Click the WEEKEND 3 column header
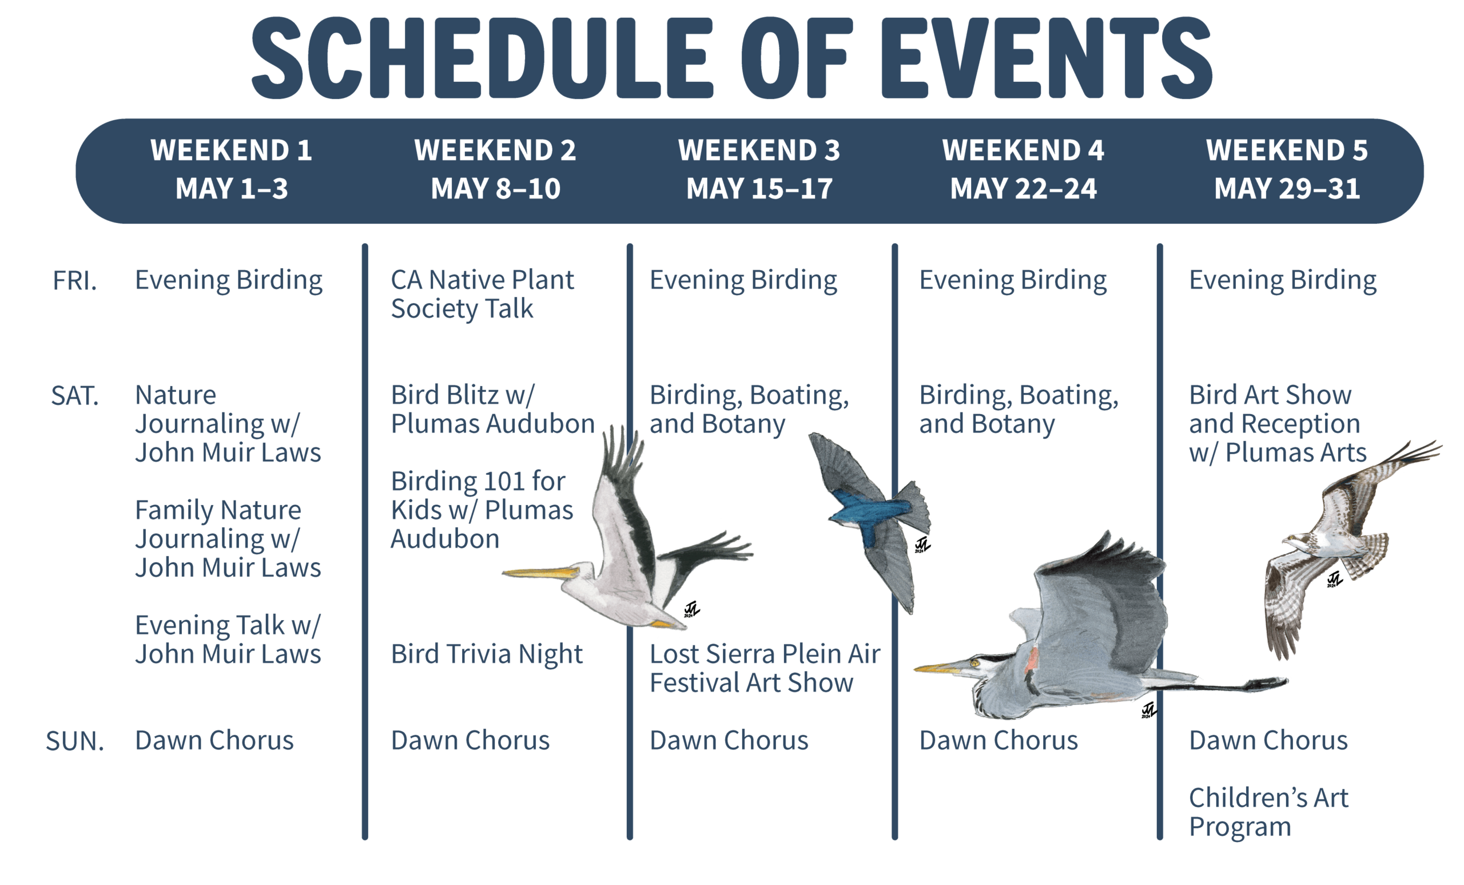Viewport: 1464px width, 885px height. coord(759,150)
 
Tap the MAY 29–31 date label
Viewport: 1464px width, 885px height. coord(1287,189)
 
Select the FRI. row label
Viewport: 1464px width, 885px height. coord(75,280)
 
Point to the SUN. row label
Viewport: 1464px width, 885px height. coord(75,741)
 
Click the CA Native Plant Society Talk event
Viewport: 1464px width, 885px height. coord(483,294)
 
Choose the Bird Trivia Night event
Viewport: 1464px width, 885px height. coord(487,654)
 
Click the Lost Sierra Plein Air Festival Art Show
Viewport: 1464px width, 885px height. coord(765,669)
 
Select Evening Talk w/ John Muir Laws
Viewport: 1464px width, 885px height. coord(228,640)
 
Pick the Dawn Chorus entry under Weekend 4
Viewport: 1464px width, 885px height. coord(998,741)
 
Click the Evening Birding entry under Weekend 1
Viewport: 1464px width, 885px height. coord(229,280)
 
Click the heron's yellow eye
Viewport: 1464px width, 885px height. coord(974,662)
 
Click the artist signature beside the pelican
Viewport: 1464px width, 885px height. coord(691,609)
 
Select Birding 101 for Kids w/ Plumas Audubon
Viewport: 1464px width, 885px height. coord(482,510)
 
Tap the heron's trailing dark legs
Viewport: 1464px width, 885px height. coord(1218,685)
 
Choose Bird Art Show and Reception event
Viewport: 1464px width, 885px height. coord(1278,424)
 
